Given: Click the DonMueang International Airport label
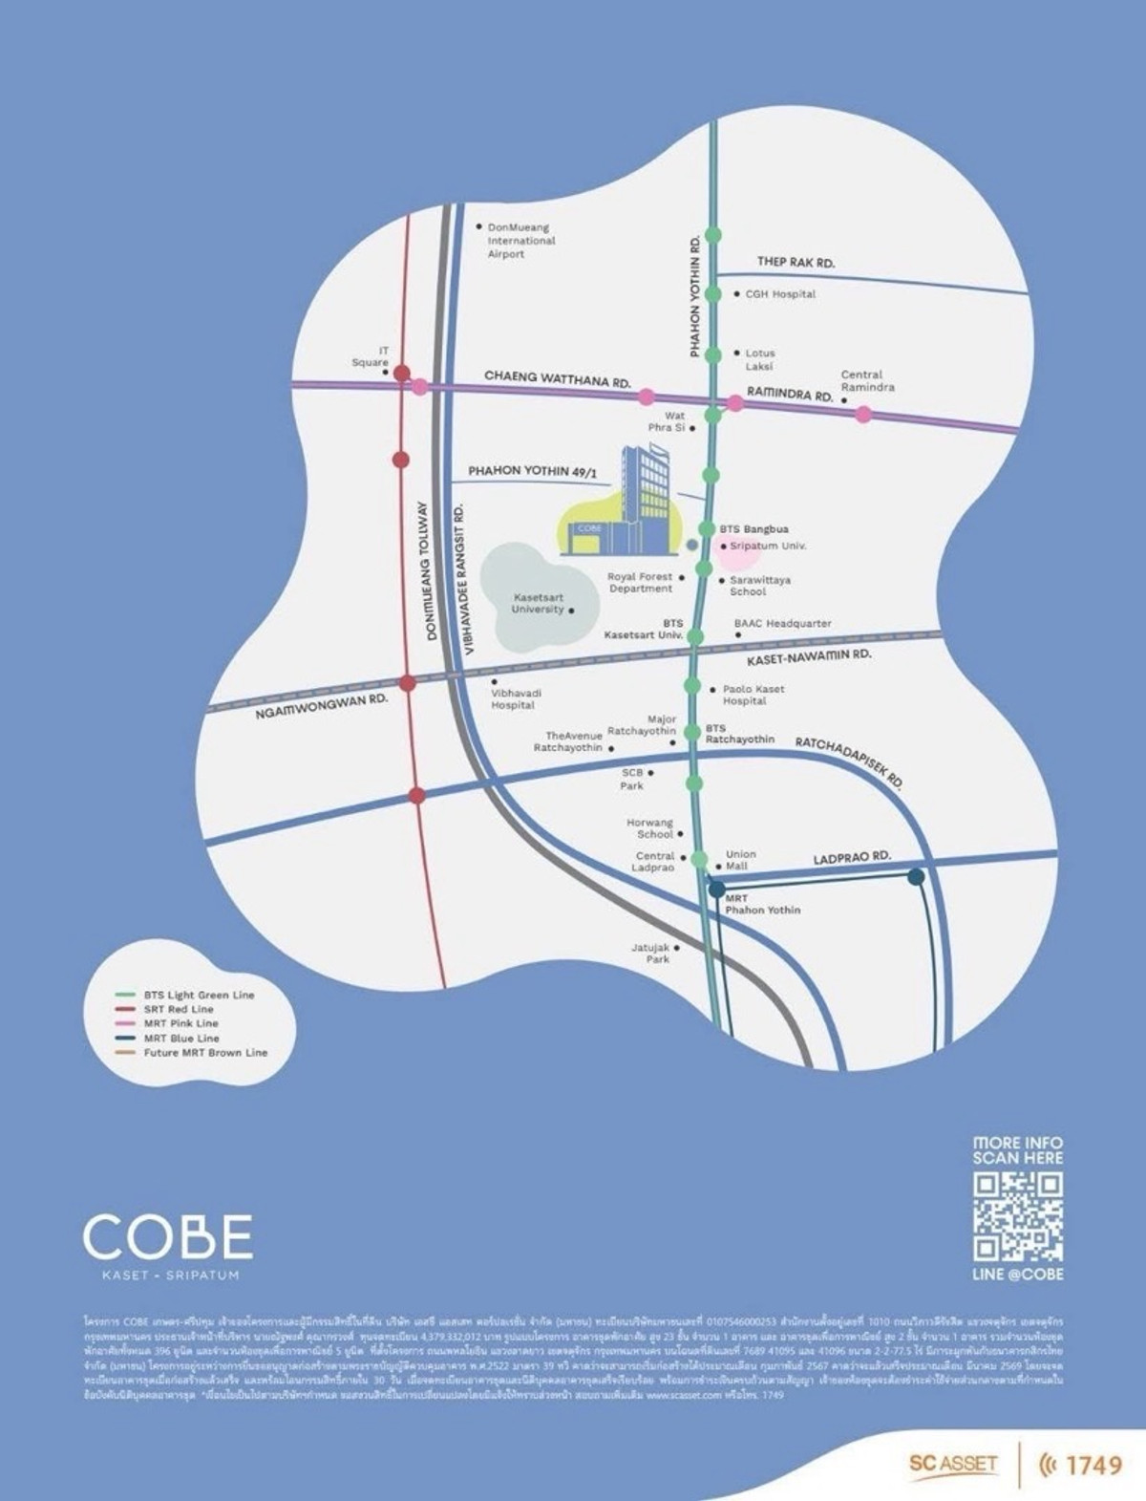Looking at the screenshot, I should pos(520,241).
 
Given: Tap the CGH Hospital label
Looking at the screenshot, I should pos(780,294).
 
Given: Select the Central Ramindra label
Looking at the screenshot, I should pos(867,381).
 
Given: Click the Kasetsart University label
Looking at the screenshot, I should pos(538,603).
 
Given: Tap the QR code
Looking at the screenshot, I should pos(1017,1216).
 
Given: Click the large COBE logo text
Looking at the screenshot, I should pos(168,1236).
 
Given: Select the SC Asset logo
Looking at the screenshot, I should pos(953,1463).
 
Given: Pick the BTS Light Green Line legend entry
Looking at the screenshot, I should pos(199,995).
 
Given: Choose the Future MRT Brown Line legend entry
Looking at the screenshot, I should pos(205,1053).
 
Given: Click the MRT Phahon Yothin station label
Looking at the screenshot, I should pos(762,904).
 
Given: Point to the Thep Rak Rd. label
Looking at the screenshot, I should pos(796,262).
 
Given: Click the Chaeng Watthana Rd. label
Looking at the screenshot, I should pos(558,378).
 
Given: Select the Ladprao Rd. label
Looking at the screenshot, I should pos(852,859).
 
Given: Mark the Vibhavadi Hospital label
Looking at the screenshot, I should pos(513,698).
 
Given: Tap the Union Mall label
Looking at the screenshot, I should pos(740,860).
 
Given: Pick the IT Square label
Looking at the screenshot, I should pos(371,357).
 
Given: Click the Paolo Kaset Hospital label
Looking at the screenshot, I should pos(753,695).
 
